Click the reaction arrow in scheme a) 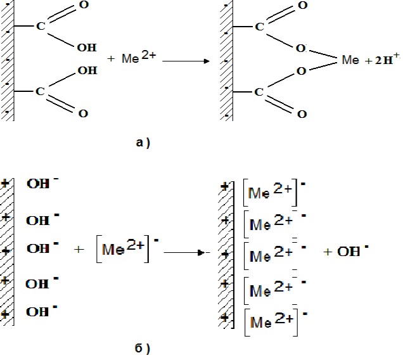(186, 61)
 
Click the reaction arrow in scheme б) (187, 253)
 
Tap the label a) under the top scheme (143, 143)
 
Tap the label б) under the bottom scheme (142, 349)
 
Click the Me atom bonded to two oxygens (350, 60)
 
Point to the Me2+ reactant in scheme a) (139, 57)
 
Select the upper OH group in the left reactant (87, 48)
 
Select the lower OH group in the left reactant (87, 70)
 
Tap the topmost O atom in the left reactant (84, 4)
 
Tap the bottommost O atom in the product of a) (302, 114)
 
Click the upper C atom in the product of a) (260, 27)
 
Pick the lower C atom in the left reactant (41, 91)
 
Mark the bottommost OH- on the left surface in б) (42, 311)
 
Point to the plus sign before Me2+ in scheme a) (111, 59)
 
